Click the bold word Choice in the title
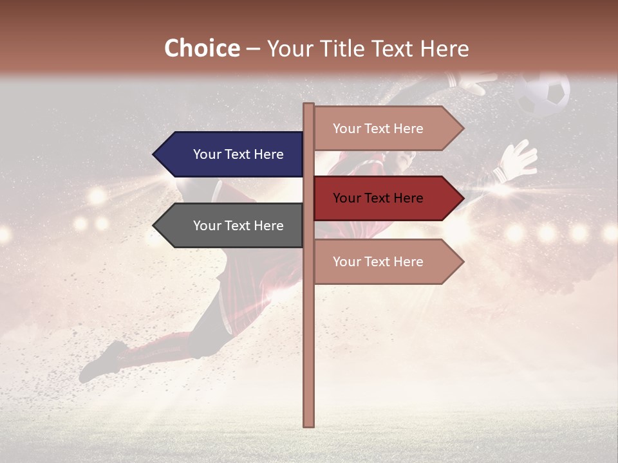point(201,49)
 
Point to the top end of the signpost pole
point(309,107)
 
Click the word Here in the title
point(444,49)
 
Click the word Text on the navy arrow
point(238,154)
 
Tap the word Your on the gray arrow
point(207,226)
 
